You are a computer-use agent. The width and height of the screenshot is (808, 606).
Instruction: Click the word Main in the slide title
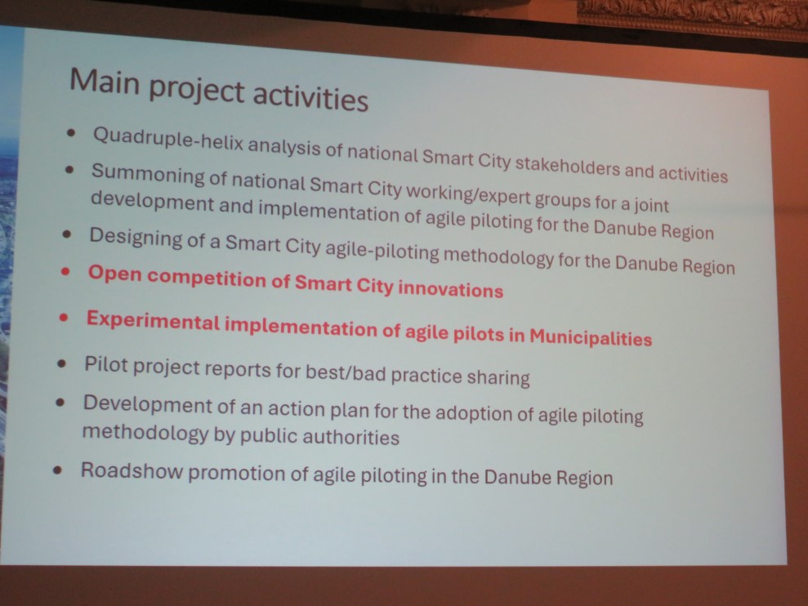coord(105,82)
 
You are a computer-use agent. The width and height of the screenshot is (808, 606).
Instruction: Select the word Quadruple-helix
coord(168,140)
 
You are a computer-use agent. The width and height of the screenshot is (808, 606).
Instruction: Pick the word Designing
coord(136,238)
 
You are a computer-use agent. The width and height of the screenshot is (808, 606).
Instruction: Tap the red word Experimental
coord(153,321)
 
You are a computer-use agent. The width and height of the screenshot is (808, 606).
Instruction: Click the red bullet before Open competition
coord(65,271)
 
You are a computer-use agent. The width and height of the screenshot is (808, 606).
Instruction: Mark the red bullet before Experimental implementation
coord(64,318)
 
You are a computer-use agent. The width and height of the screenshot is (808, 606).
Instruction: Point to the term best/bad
coord(346,372)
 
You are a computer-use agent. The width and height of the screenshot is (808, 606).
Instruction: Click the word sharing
coord(498,378)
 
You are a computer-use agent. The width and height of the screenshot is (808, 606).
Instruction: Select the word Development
coord(147,405)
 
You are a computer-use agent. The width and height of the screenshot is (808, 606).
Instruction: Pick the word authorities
coord(350,437)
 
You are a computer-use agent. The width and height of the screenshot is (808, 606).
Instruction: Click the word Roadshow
coord(132,470)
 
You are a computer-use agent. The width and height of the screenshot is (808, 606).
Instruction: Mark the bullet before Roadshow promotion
coord(58,470)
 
